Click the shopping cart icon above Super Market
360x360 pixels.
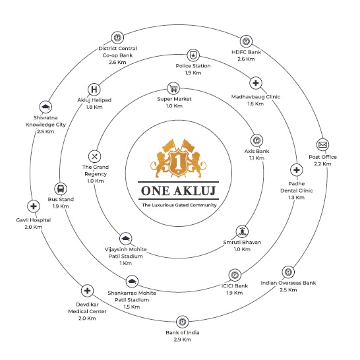pyautogui.click(x=173, y=88)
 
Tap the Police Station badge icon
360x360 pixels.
pyautogui.click(x=193, y=55)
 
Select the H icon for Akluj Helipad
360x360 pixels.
pyautogui.click(x=94, y=89)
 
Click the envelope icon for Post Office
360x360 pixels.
pyautogui.click(x=322, y=145)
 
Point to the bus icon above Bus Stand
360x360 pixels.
pyautogui.click(x=61, y=189)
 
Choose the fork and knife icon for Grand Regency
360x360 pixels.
pyautogui.click(x=94, y=156)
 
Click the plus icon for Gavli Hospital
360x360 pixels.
pyautogui.click(x=34, y=206)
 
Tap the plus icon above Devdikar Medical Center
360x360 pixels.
pyautogui.click(x=87, y=291)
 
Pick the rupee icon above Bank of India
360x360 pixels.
pyautogui.click(x=182, y=322)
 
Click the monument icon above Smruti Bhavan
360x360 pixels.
pyautogui.click(x=242, y=231)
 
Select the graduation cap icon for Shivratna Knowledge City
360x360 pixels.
pyautogui.click(x=45, y=107)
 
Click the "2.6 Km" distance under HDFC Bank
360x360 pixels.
pyautogui.click(x=246, y=59)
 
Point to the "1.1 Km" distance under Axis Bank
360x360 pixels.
pyautogui.click(x=256, y=158)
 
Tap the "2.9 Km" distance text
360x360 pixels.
pyautogui.click(x=182, y=340)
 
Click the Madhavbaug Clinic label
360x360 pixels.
pyautogui.click(x=256, y=97)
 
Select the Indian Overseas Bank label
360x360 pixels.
pyautogui.click(x=288, y=283)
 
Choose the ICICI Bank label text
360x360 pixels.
pyautogui.click(x=235, y=285)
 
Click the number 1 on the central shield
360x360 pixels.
pyautogui.click(x=178, y=162)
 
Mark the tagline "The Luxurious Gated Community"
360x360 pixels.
pyautogui.click(x=179, y=205)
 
